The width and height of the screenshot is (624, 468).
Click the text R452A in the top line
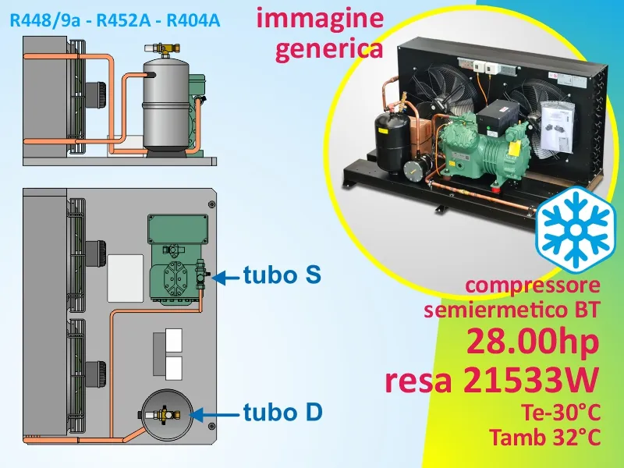pyautogui.click(x=123, y=20)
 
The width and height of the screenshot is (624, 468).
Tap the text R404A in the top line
pyautogui.click(x=193, y=20)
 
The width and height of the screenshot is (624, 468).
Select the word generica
pyautogui.click(x=329, y=49)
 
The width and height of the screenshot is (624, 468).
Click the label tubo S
pyautogui.click(x=282, y=275)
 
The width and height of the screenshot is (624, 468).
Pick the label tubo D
pyautogui.click(x=282, y=412)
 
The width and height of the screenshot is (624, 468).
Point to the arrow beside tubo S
pyautogui.click(x=225, y=278)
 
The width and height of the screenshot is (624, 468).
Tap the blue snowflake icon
pyautogui.click(x=575, y=230)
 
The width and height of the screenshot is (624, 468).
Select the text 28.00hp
pyautogui.click(x=533, y=342)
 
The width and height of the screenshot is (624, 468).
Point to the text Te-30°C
pyautogui.click(x=560, y=413)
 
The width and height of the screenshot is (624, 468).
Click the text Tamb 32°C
pyautogui.click(x=544, y=438)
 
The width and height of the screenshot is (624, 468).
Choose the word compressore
pyautogui.click(x=533, y=285)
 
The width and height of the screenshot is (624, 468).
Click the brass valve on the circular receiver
pyautogui.click(x=164, y=415)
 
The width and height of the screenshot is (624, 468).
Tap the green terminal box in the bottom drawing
pyautogui.click(x=178, y=229)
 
